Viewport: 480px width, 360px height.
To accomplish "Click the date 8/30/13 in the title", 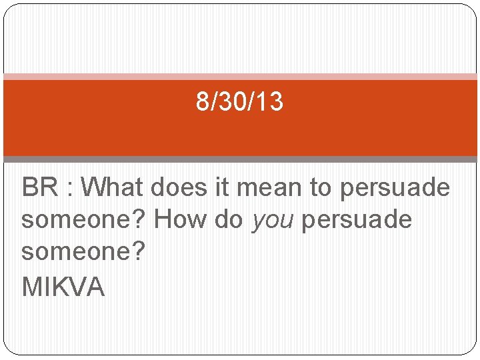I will (x=239, y=102).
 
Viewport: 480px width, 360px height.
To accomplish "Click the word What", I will (x=113, y=188).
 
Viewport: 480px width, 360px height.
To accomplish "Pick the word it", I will (x=222, y=188).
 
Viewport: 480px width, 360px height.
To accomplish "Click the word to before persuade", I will (x=321, y=188).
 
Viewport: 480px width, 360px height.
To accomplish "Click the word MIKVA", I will (x=63, y=287).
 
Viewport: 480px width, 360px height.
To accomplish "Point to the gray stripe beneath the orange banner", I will (x=240, y=159).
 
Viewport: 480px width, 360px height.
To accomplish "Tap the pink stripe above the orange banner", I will (x=240, y=77).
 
